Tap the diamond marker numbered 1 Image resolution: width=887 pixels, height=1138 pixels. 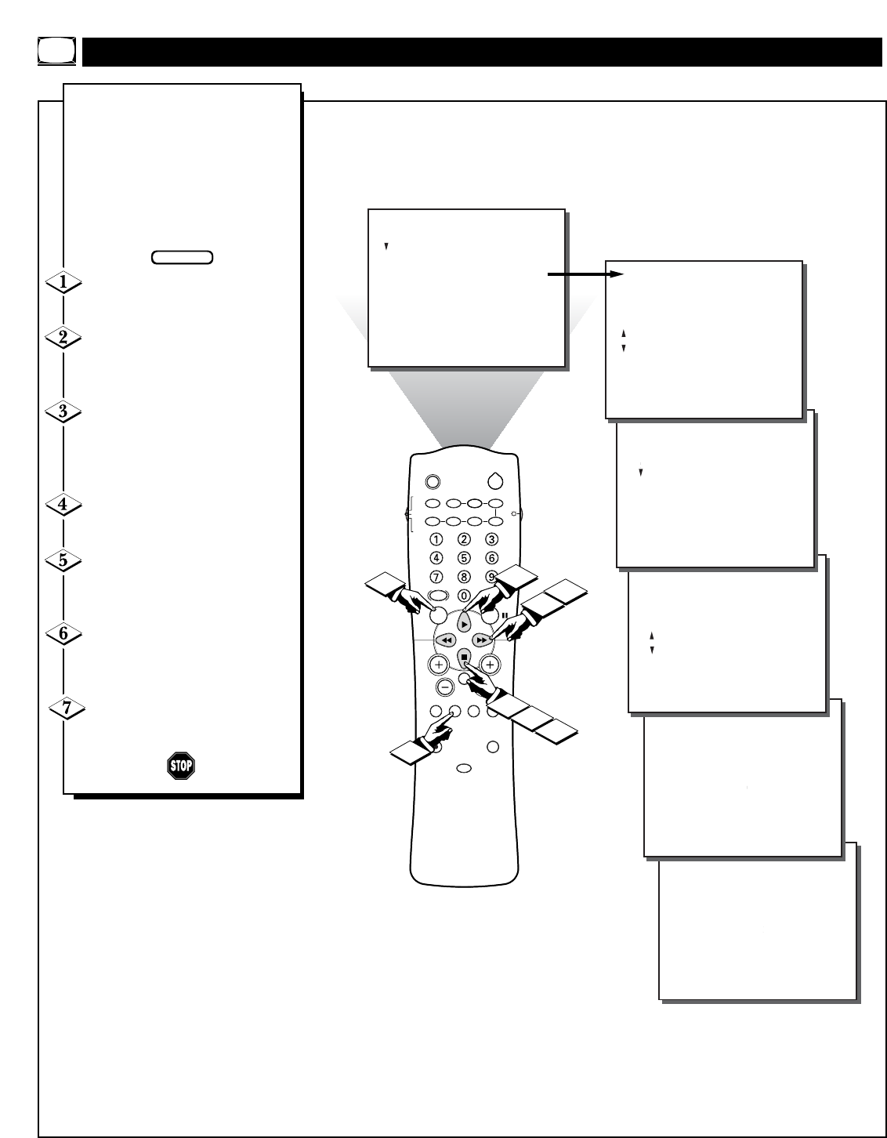64,282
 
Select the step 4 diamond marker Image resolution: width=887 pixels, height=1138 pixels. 64,504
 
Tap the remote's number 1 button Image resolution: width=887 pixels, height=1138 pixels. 436,538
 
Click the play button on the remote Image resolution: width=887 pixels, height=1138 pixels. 464,624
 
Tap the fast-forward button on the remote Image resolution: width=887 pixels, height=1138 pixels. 483,640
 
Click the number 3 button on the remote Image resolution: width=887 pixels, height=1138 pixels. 491,538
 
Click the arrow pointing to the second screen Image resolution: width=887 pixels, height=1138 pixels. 585,274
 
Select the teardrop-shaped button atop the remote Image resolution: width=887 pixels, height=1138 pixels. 495,481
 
